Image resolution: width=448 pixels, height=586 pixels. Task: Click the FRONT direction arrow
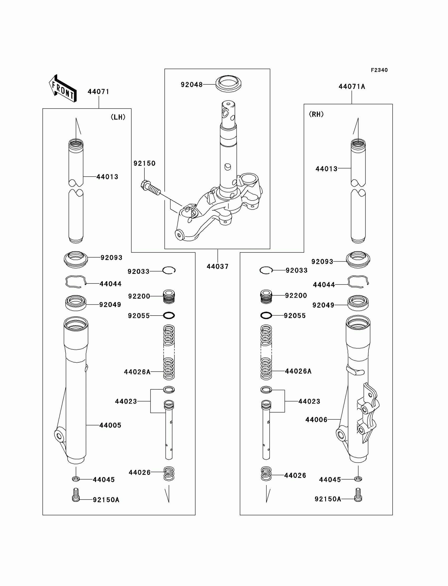pos(63,89)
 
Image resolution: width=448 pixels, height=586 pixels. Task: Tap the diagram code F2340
pos(379,70)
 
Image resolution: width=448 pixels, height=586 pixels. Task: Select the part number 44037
pos(217,267)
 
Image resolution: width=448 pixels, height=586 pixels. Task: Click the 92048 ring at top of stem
pos(228,84)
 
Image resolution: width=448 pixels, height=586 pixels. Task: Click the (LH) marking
pos(118,117)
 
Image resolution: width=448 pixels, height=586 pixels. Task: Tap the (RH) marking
pos(316,114)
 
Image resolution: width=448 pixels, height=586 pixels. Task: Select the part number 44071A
pos(352,86)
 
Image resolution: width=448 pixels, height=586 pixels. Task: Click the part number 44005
pos(110,425)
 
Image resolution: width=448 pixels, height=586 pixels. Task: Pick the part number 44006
pos(316,420)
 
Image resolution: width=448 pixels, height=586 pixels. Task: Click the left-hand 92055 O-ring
pos(169,316)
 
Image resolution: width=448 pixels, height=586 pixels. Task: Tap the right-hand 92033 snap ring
pos(266,270)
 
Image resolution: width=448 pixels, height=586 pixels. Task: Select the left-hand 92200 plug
pos(169,297)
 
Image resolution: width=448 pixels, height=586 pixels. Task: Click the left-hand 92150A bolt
pos(76,495)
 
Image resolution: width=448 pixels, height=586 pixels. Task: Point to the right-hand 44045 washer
pos(358,479)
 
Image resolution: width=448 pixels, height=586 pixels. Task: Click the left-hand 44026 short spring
pos(169,473)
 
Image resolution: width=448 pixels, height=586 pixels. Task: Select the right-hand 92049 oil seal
pos(358,303)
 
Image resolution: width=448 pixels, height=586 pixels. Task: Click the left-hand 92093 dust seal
pos(76,259)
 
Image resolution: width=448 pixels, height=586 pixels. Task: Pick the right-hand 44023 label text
pos(309,401)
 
